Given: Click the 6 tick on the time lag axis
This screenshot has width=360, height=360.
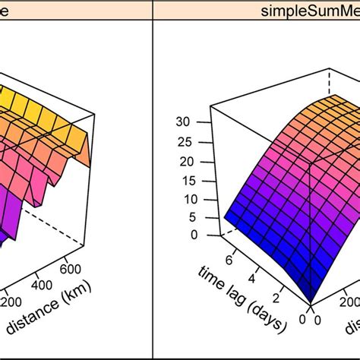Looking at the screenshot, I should point(231,258).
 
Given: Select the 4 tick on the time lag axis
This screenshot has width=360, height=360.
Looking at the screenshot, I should point(257,277).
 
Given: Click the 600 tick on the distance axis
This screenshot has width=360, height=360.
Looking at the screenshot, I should point(69,267).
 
